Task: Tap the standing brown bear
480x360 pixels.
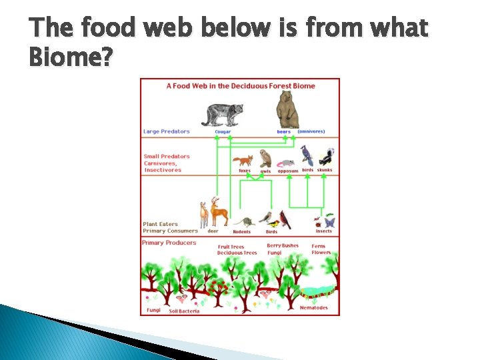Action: tap(287, 109)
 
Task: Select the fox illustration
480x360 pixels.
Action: tap(243, 161)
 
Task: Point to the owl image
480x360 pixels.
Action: tap(265, 159)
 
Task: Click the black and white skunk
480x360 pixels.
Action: tap(326, 158)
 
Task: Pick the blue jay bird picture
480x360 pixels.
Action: tap(307, 155)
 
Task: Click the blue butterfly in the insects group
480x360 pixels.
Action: tap(329, 222)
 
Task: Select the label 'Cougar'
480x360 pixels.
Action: tap(223, 132)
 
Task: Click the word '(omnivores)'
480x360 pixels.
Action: tap(311, 131)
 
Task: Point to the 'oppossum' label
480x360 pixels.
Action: tap(288, 171)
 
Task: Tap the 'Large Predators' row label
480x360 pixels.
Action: tap(167, 131)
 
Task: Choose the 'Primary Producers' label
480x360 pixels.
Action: tap(169, 243)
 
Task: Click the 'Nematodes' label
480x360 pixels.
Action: tap(313, 308)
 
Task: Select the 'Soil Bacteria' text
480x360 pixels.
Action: tap(184, 311)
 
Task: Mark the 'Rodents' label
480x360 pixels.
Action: tap(241, 232)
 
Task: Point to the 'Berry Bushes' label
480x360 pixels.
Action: tap(283, 246)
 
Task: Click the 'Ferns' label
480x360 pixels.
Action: tap(319, 246)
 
